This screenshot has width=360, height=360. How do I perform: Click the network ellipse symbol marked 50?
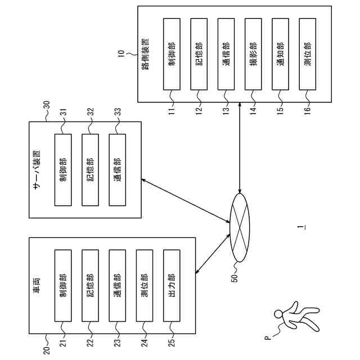[x=240, y=227]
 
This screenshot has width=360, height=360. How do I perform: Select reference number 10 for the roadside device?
[x=121, y=53]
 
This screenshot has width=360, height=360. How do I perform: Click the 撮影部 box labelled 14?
[x=253, y=54]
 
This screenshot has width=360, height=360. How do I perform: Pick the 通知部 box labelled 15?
[x=280, y=54]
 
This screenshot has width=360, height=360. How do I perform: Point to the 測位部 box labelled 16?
[x=308, y=54]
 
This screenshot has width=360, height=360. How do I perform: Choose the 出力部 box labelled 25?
[x=172, y=286]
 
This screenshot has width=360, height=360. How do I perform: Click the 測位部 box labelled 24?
[x=145, y=286]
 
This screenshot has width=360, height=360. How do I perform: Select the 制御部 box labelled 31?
[x=63, y=170]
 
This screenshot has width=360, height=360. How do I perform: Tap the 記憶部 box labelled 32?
[x=90, y=170]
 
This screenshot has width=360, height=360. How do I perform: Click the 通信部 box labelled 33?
[x=118, y=170]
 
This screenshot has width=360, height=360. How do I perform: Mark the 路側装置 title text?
[x=145, y=54]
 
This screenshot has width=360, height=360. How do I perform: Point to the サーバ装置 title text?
[x=37, y=170]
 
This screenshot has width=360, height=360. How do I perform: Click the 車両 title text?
[x=37, y=286]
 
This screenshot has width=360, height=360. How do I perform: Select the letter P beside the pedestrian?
[x=268, y=337]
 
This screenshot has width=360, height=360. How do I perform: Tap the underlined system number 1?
[x=301, y=227]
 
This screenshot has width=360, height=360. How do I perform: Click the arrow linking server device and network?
[x=186, y=201]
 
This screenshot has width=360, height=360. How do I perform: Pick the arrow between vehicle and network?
[x=213, y=254]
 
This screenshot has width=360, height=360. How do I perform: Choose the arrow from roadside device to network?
[x=240, y=148]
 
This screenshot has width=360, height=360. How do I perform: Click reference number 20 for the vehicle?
[x=46, y=350]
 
